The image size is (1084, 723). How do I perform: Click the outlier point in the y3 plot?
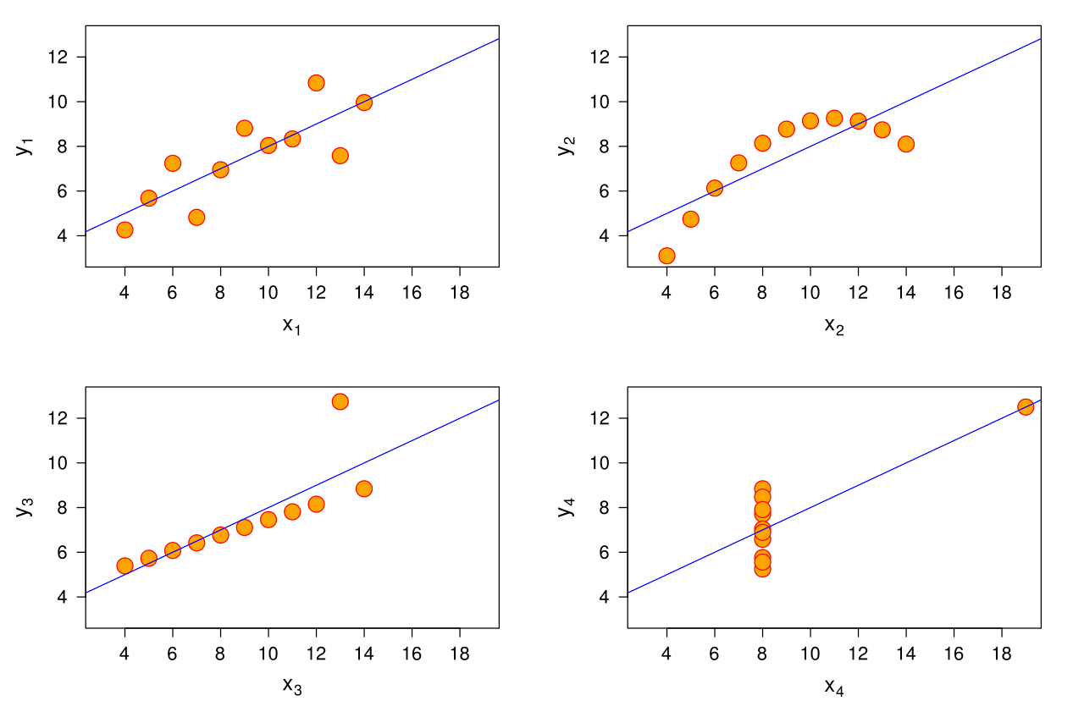(x=340, y=401)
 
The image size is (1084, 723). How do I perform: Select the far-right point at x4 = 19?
(x=1026, y=406)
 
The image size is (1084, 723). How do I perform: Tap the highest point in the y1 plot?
(x=316, y=83)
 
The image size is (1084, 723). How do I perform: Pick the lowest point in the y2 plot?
(x=666, y=256)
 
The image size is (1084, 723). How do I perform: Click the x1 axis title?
(x=292, y=326)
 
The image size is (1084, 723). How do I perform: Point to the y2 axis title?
(x=565, y=146)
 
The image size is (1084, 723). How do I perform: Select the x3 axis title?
(x=292, y=687)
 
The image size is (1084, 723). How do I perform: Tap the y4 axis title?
(x=565, y=507)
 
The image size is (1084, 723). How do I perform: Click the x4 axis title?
(x=834, y=687)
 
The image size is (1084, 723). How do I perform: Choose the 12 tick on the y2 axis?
(x=603, y=57)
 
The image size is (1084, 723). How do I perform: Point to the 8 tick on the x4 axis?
(x=762, y=654)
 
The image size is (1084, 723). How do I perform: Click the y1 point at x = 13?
(x=340, y=156)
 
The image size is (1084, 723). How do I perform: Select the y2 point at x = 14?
(x=906, y=144)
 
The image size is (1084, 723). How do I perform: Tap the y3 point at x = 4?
(x=124, y=566)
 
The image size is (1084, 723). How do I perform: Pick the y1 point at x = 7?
(x=196, y=218)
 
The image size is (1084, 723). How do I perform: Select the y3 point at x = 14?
(x=364, y=488)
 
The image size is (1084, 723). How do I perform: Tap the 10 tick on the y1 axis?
(x=61, y=102)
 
